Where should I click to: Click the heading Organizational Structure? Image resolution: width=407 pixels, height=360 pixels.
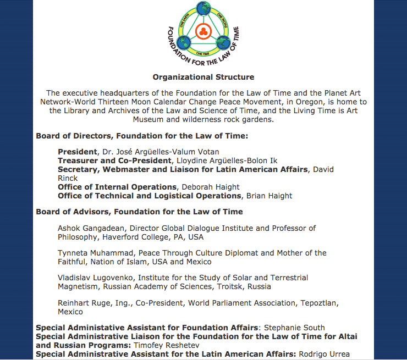204,77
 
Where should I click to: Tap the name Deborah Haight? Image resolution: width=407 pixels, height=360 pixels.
211,187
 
